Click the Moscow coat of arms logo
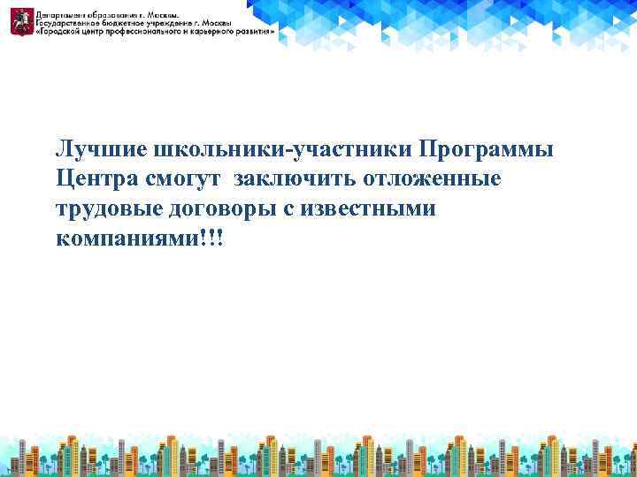pyautogui.click(x=19, y=19)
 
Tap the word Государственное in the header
pyautogui.click(x=68, y=23)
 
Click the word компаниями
pyautogui.click(x=119, y=240)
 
